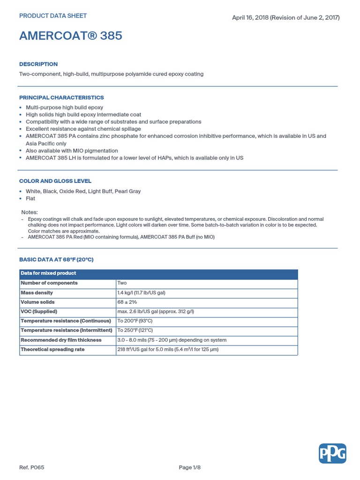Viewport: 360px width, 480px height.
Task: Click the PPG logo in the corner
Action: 332,453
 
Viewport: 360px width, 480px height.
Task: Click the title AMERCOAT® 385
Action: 71,36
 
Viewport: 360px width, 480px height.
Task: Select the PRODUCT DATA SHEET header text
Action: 53,16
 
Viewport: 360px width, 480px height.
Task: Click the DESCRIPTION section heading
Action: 38,64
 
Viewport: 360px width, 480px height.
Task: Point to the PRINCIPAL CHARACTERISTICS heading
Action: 61,98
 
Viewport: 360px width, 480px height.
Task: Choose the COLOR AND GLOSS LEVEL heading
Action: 55,181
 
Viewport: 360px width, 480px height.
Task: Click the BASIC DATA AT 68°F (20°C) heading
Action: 59,260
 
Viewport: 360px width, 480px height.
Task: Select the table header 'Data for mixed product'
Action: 48,273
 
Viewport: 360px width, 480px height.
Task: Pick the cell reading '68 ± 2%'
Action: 127,302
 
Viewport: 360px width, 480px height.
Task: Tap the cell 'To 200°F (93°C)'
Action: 135,321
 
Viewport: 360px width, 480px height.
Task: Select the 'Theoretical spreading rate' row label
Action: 52,350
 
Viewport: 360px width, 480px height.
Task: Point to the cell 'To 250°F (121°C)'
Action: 135,330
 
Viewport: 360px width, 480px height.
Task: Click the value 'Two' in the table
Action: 122,283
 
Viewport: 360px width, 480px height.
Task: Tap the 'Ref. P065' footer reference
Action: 32,467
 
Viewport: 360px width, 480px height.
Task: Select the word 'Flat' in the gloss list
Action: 30,199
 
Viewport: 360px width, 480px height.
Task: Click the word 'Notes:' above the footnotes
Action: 30,212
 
